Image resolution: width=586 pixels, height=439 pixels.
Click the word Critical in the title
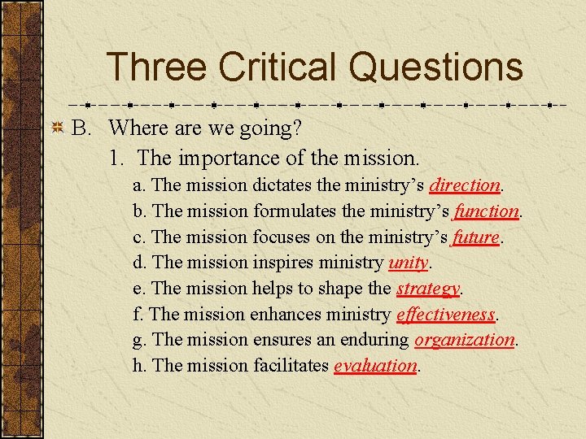277,67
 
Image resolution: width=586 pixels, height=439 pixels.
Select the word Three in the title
155,67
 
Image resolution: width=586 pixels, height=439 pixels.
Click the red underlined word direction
465,185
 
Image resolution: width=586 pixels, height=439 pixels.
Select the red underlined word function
487,211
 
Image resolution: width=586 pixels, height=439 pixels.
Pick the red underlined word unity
409,263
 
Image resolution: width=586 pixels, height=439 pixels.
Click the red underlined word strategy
428,289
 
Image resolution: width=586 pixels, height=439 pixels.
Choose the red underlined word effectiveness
446,314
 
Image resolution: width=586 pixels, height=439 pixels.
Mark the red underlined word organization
464,340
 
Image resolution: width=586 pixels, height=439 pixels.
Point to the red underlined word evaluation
375,366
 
